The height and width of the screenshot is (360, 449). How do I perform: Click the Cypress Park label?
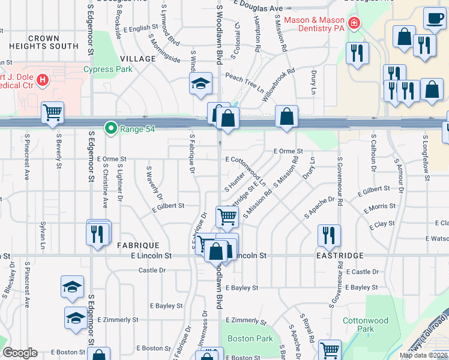click(108, 69)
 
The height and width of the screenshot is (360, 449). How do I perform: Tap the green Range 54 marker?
click(110, 127)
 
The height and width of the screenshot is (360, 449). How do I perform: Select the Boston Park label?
click(250, 338)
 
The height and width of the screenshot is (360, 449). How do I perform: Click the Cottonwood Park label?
click(365, 325)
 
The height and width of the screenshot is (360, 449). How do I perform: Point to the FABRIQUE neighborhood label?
click(138, 245)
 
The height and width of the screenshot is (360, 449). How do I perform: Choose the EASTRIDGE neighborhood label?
click(343, 256)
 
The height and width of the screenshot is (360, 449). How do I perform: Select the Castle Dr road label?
click(152, 271)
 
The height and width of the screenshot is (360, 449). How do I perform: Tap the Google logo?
click(20, 352)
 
